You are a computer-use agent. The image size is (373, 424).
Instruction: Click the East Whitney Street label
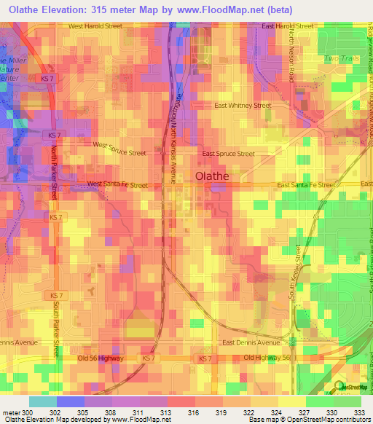pyautogui.click(x=243, y=106)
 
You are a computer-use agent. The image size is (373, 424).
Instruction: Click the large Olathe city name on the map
pyautogui.click(x=212, y=176)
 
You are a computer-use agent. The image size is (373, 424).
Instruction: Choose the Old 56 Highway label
pyautogui.click(x=101, y=358)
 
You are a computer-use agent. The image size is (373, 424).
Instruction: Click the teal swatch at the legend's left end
pyautogui.click(x=42, y=401)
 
